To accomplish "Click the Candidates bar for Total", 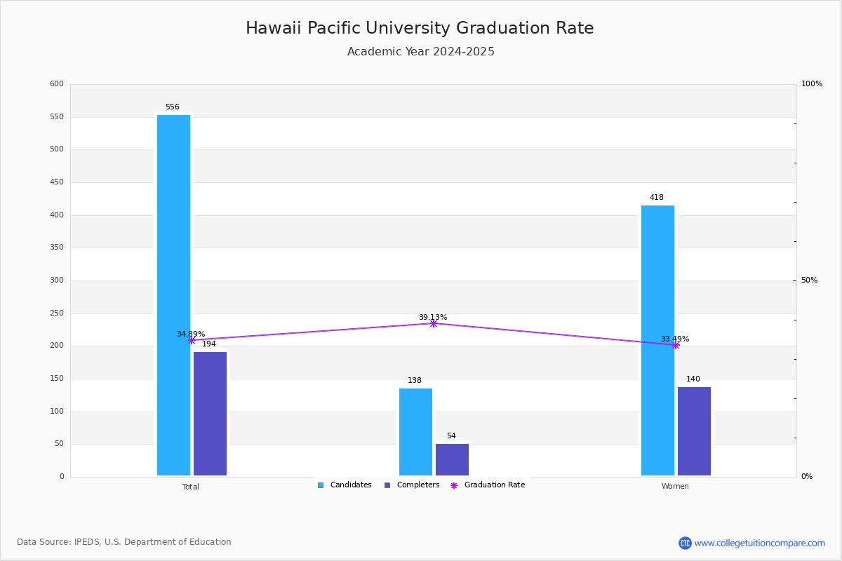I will pos(173,295).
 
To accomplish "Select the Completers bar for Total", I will pos(210,413).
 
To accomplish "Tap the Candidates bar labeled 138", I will pos(415,431).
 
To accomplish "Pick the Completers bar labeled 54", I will pos(452,459).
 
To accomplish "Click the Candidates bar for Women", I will pos(657,340).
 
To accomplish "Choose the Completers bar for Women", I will pos(694,431).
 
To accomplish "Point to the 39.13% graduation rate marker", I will pos(433,323).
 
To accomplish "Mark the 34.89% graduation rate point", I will pos(191,340).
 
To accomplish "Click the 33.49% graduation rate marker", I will pos(675,345).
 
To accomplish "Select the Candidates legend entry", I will pos(345,485).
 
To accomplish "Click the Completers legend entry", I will pos(412,485).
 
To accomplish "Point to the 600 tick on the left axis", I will pos(57,84).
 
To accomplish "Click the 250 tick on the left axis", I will pos(57,313).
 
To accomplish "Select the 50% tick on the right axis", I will pos(809,280).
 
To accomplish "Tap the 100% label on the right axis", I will pos(811,84).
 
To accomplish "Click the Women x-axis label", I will pos(675,487).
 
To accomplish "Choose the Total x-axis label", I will pos(191,487).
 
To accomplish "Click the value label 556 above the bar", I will pos(173,107).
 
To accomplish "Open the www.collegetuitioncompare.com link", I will pos(759,543).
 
